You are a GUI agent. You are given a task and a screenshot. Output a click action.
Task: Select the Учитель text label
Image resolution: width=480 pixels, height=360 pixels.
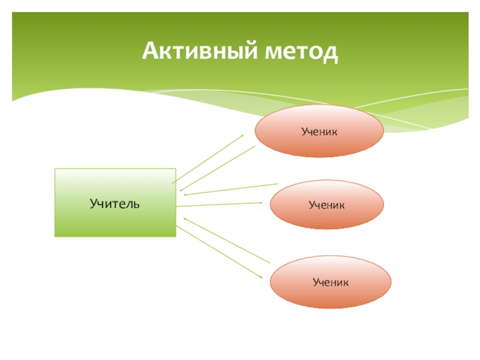point(115,203)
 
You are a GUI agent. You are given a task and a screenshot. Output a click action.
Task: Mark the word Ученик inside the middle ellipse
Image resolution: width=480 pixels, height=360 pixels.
point(326,205)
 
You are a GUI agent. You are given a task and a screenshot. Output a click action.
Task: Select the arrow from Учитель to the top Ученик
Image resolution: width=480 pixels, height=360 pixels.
point(208,159)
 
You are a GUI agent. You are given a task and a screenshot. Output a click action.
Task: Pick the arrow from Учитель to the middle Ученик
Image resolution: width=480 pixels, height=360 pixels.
point(220,205)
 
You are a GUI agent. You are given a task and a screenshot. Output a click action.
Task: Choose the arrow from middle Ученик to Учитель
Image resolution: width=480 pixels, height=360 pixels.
point(230,189)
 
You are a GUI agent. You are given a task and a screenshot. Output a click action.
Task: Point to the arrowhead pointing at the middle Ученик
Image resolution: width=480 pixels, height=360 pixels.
point(260,203)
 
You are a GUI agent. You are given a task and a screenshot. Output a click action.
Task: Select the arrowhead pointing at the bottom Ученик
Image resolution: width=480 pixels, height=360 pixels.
point(260,276)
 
